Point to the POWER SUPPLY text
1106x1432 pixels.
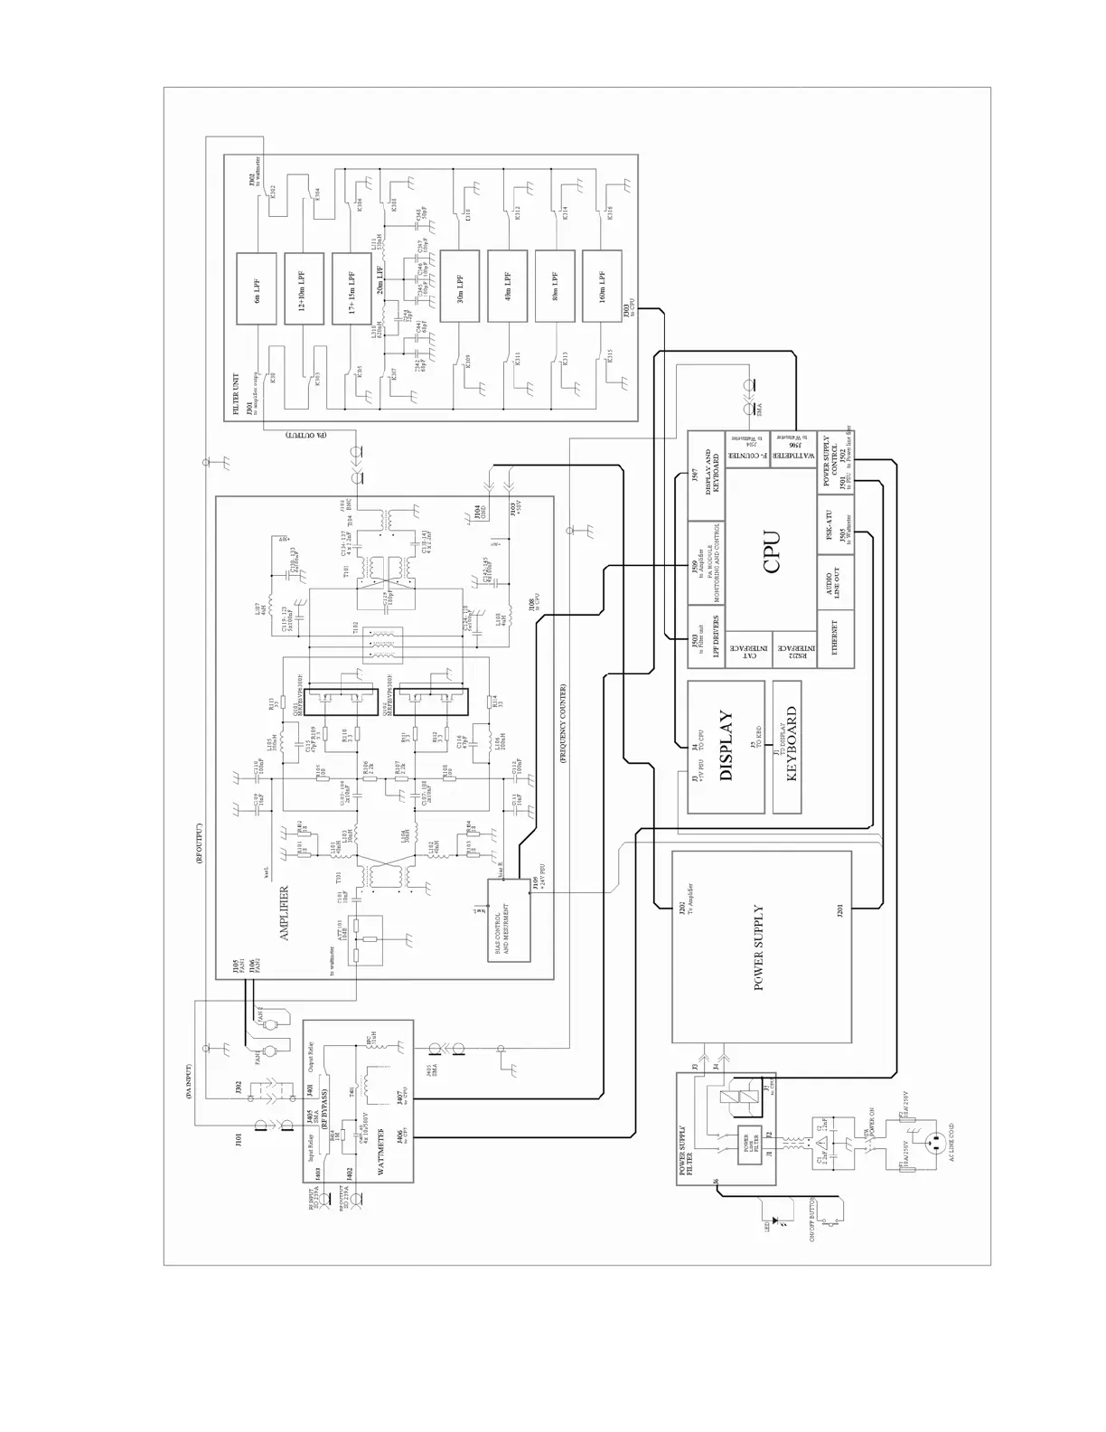coord(759,947)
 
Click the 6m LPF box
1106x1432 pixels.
coord(259,287)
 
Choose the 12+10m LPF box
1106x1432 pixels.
coord(303,287)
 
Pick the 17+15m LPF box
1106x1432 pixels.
coord(351,287)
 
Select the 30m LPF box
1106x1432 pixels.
coord(460,287)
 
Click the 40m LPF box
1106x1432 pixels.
coord(508,287)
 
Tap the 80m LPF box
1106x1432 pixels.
coord(555,287)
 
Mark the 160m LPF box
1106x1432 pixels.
coord(603,287)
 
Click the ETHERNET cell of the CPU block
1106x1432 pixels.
coord(835,639)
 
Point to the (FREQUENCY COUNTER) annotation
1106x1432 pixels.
coord(562,723)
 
